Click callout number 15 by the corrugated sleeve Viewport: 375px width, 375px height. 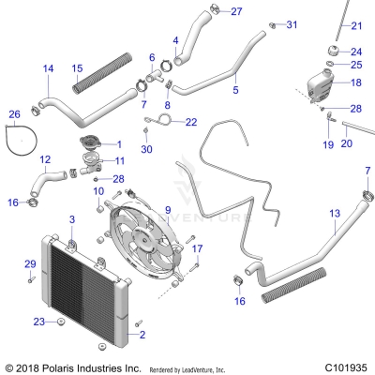78,67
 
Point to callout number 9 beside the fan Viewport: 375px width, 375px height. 167,209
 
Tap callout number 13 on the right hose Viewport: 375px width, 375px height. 334,214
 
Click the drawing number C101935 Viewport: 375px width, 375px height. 345,367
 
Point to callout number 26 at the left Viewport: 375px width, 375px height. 13,114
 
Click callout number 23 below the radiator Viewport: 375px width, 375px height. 38,322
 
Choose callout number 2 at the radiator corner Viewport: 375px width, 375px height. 142,333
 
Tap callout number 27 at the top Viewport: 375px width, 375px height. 235,11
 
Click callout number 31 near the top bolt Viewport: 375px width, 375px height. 291,23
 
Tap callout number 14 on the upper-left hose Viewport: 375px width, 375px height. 48,67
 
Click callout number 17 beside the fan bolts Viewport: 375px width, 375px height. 197,248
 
